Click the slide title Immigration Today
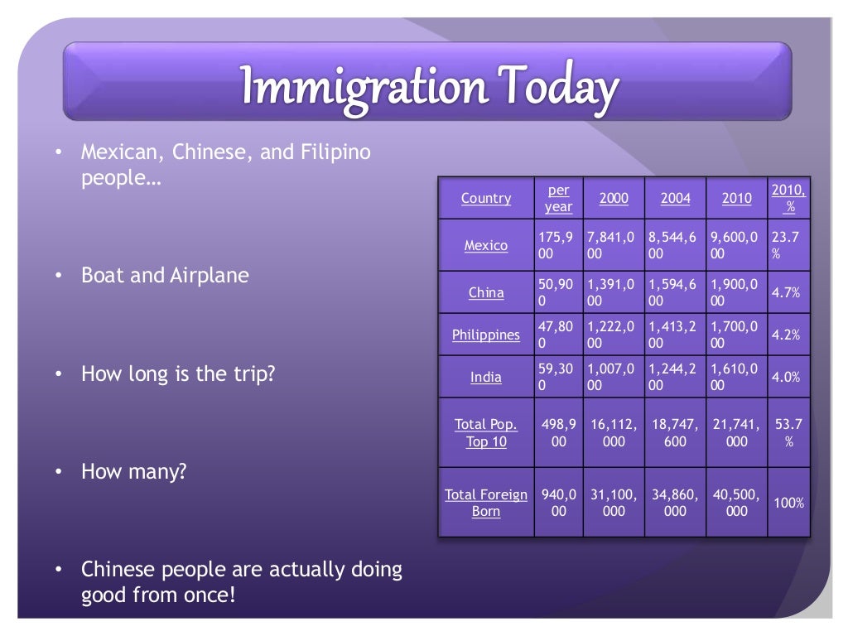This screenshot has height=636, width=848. pyautogui.click(x=429, y=87)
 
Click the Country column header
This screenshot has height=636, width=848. pyautogui.click(x=486, y=199)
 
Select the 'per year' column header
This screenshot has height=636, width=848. pyautogui.click(x=558, y=199)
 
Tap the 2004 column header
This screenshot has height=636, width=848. pyautogui.click(x=675, y=199)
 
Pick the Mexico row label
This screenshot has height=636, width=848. pyautogui.click(x=486, y=246)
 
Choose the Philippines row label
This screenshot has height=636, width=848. pyautogui.click(x=486, y=335)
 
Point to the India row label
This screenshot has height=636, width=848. pyautogui.click(x=486, y=378)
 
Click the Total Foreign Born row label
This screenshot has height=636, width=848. pyautogui.click(x=486, y=503)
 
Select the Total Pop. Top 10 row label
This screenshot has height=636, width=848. pyautogui.click(x=486, y=433)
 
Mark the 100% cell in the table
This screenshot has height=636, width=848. pyautogui.click(x=788, y=503)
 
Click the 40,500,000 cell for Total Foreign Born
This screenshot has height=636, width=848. pyautogui.click(x=736, y=503)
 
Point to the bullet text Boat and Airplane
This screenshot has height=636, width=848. pyautogui.click(x=165, y=276)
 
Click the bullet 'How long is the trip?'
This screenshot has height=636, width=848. pyautogui.click(x=178, y=374)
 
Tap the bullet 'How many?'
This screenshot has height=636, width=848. pyautogui.click(x=133, y=472)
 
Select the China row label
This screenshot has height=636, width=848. pyautogui.click(x=486, y=293)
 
